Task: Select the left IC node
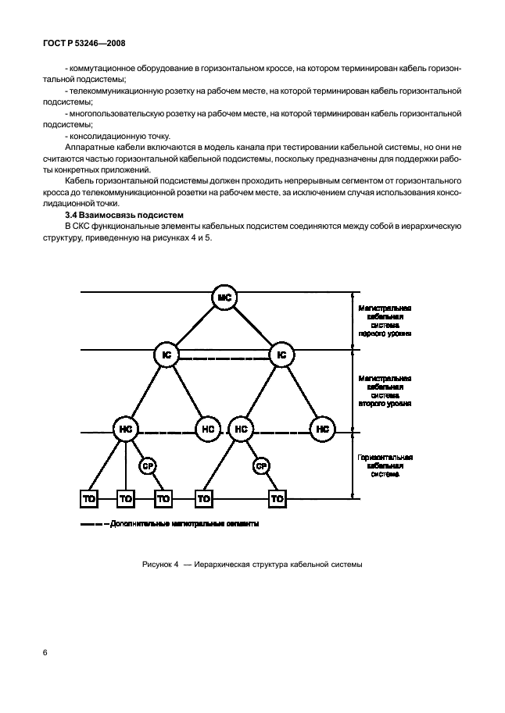pos(166,355)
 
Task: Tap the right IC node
pos(281,355)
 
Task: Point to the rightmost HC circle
pos(321,429)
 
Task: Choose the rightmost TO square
pos(276,497)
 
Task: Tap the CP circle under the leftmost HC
pos(147,465)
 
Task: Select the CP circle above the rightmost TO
pos(261,465)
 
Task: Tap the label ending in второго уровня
pos(385,390)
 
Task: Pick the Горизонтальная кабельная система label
pos(385,465)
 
